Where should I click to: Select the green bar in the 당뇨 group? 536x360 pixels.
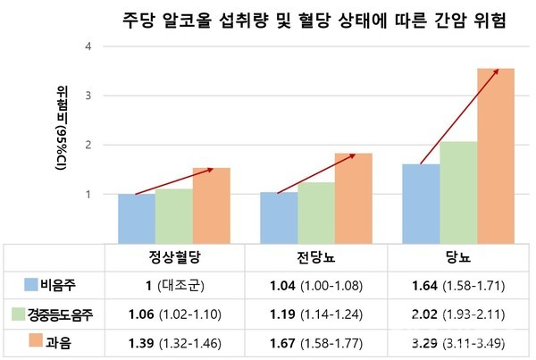pyautogui.click(x=458, y=191)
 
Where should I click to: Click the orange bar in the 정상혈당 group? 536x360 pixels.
pyautogui.click(x=212, y=205)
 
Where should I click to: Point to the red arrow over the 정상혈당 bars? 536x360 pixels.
pyautogui.click(x=173, y=180)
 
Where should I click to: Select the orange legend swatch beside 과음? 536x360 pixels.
pyautogui.click(x=29, y=341)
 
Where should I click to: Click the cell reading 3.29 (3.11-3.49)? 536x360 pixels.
pyautogui.click(x=459, y=341)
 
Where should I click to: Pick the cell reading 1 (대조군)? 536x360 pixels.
pyautogui.click(x=173, y=285)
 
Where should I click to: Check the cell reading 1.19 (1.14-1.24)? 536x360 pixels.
pyautogui.click(x=316, y=314)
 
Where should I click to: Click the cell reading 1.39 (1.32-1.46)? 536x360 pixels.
pyautogui.click(x=173, y=341)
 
